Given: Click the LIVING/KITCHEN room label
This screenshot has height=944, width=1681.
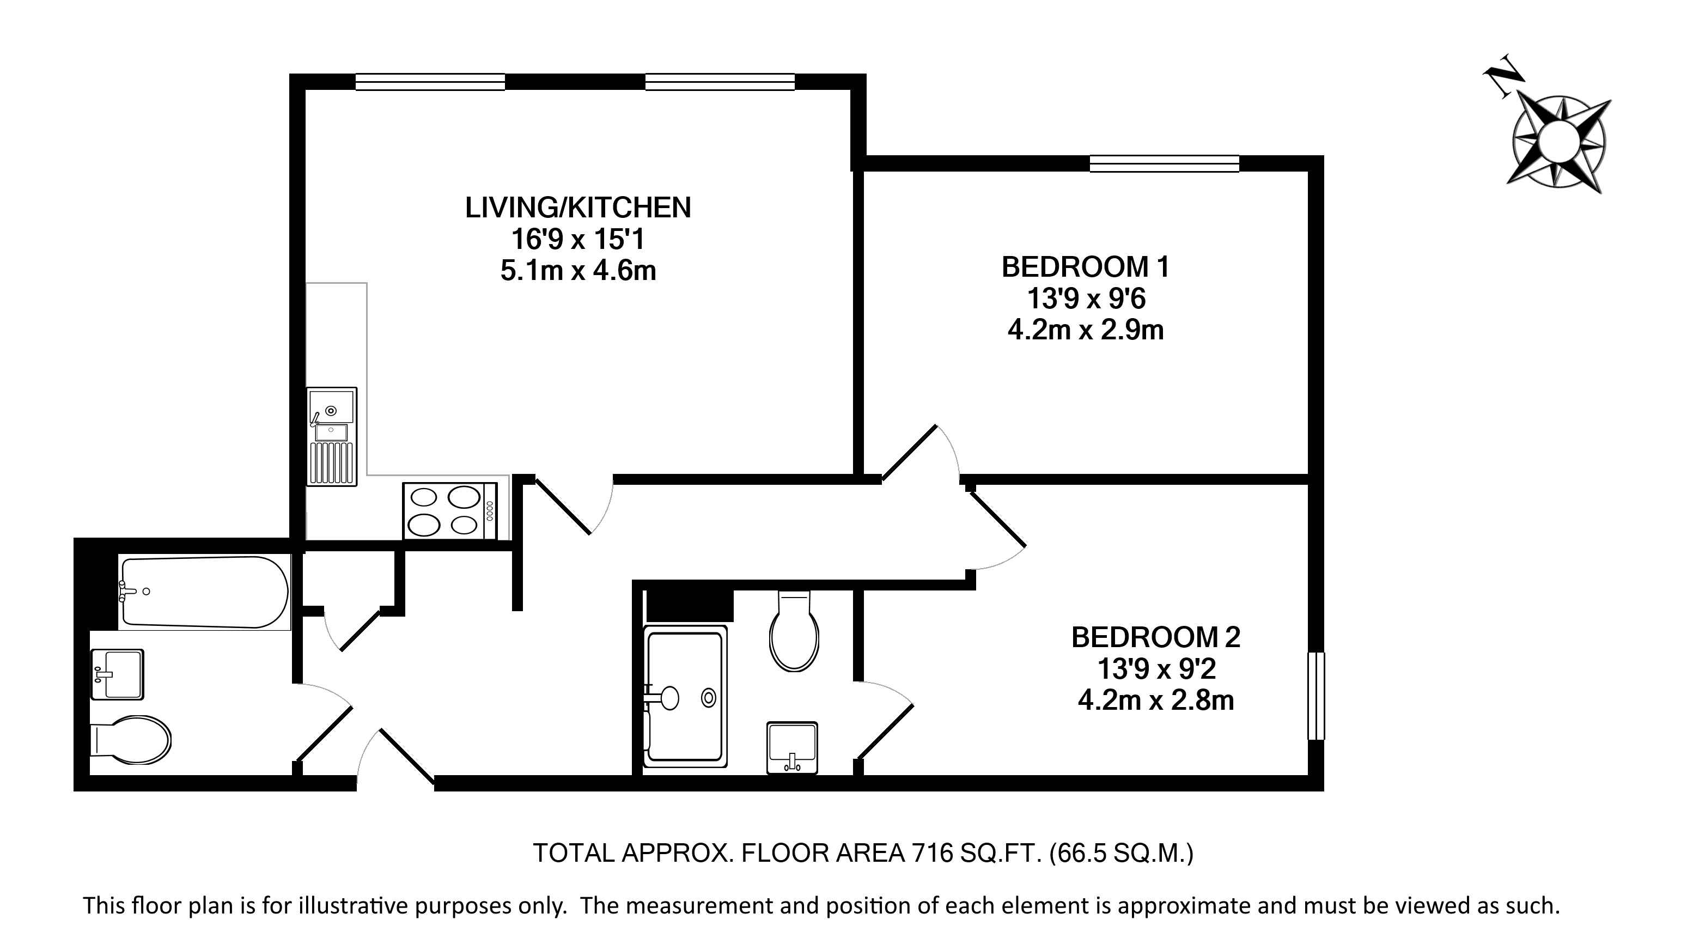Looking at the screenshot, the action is coord(577,208).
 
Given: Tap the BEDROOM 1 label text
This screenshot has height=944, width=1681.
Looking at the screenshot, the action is coord(1085,267).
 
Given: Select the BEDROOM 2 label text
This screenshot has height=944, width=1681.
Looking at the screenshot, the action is coord(1156,637).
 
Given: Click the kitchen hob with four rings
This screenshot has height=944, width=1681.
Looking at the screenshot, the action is coord(449,511).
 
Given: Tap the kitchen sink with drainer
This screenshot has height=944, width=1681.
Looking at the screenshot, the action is coord(332,436).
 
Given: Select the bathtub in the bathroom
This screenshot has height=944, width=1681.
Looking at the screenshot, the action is coord(204,592).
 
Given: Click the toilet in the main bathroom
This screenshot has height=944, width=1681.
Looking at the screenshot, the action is coord(130,740).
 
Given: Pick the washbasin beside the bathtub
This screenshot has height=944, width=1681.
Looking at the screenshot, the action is coord(117,674).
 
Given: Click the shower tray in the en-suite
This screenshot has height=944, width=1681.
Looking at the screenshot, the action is coord(685,696).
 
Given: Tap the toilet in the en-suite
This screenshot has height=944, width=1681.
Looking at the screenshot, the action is coord(794,630).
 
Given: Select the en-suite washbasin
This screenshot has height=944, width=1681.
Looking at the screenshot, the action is coord(792,748).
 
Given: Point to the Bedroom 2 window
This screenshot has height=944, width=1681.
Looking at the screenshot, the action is coord(1316,696).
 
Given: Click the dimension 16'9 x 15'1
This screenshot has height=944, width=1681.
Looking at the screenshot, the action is coord(577,240).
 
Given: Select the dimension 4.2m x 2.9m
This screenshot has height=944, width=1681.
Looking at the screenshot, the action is coord(1085,330).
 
